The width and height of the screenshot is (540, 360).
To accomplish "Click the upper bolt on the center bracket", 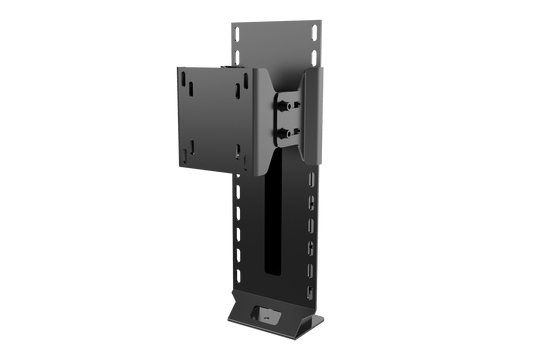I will tap(288, 101).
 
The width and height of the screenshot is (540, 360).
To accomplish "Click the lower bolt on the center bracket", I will tap(288, 129).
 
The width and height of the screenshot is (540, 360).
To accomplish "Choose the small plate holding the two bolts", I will tap(288, 114).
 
